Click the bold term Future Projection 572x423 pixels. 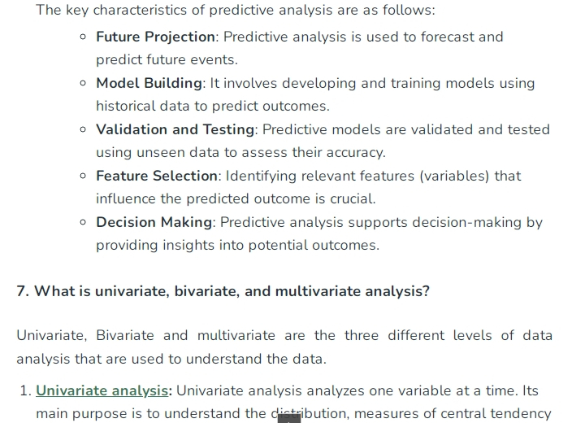tap(155, 37)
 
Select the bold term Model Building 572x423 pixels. tap(149, 84)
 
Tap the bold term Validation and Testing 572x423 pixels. tap(175, 129)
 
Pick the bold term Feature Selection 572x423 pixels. tap(157, 176)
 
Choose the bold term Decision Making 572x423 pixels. tap(154, 222)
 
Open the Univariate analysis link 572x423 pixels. tap(102, 390)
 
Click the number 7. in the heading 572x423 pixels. tap(23, 291)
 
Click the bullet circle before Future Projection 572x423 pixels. tap(83, 37)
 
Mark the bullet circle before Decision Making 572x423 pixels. tap(83, 222)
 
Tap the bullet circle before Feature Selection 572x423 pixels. tap(83, 176)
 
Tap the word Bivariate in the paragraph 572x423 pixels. tap(125, 336)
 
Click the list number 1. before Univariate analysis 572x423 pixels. tap(26, 390)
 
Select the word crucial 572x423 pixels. tap(353, 199)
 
